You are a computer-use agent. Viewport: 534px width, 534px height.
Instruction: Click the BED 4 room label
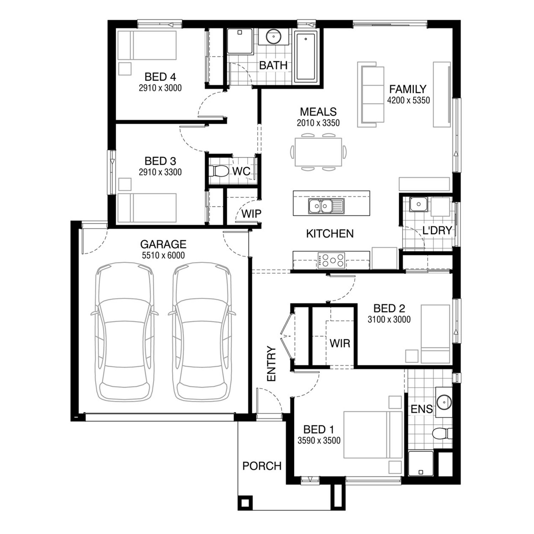(160, 77)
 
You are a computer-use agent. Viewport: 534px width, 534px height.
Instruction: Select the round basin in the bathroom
(273, 36)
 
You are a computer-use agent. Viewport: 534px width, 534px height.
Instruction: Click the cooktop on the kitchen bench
(331, 260)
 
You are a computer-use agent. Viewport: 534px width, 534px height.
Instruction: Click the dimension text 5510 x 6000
(163, 255)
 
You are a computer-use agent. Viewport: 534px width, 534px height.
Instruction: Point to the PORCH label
(262, 466)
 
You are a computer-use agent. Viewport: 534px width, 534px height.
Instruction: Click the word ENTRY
(271, 364)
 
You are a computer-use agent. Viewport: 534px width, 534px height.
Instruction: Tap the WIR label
(340, 343)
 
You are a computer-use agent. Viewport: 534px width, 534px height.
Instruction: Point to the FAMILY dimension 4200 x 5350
(408, 100)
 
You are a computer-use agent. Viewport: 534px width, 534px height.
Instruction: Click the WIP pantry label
(251, 214)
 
